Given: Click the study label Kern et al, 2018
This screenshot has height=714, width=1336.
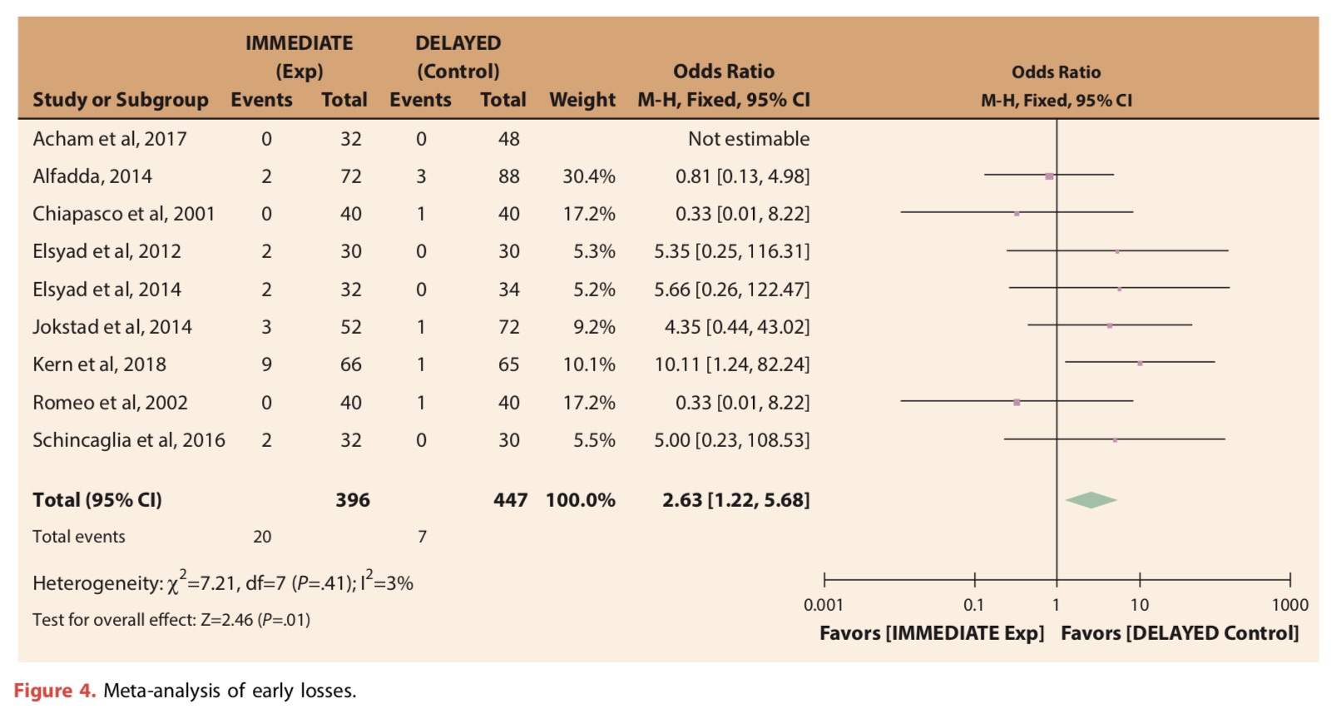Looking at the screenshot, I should point(99,364).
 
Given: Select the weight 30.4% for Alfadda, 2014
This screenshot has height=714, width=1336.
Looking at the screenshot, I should point(588,176).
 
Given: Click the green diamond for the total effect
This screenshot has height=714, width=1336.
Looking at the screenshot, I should point(1091,500).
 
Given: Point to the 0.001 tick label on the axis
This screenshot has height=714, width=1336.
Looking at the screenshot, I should point(823,605).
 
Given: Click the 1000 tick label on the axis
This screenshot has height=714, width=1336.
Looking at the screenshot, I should point(1289,605).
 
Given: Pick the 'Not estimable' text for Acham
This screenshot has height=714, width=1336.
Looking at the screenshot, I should point(748,139).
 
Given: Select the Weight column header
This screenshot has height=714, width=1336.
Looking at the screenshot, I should point(582,100).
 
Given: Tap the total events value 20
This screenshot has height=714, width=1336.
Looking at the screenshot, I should point(262,537).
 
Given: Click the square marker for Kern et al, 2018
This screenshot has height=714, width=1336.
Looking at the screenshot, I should point(1140,363).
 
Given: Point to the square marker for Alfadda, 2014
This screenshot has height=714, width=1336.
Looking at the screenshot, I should point(1049,176).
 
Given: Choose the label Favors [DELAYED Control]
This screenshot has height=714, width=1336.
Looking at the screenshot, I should point(1179,633).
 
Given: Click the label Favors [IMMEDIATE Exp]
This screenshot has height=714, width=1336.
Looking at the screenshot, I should point(931,633).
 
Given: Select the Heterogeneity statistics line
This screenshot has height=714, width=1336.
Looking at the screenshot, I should point(222,583).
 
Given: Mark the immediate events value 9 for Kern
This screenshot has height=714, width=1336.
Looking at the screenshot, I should point(266,364).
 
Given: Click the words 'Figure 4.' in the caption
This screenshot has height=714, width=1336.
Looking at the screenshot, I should point(55,691).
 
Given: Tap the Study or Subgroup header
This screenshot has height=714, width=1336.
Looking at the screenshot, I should point(120,100).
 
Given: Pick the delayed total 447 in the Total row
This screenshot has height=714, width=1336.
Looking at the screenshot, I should point(510,500).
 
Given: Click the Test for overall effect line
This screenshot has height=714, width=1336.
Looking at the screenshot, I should point(171,620).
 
